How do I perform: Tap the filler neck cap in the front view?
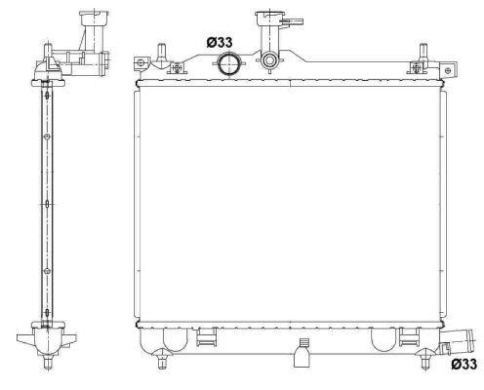(x=269, y=17)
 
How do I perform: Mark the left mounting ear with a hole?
(x=140, y=63)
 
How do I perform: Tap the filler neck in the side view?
(x=91, y=27)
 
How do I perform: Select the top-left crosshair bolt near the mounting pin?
(x=177, y=67)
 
